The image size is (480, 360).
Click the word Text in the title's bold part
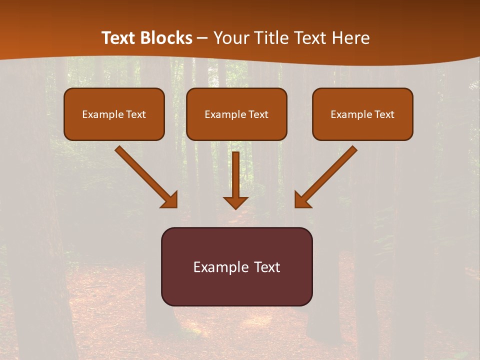[118, 38]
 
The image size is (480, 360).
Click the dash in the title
[202, 38]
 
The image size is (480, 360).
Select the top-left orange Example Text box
[114, 114]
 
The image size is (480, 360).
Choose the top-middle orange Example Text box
[236, 114]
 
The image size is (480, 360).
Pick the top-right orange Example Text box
[362, 114]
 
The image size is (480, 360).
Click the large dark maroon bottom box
[236, 266]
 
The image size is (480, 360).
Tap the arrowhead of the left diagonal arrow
[170, 200]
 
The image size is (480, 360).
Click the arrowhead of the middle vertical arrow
[235, 202]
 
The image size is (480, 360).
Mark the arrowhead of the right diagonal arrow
[302, 200]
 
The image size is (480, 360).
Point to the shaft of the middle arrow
[235, 172]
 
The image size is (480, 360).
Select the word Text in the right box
[384, 114]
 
